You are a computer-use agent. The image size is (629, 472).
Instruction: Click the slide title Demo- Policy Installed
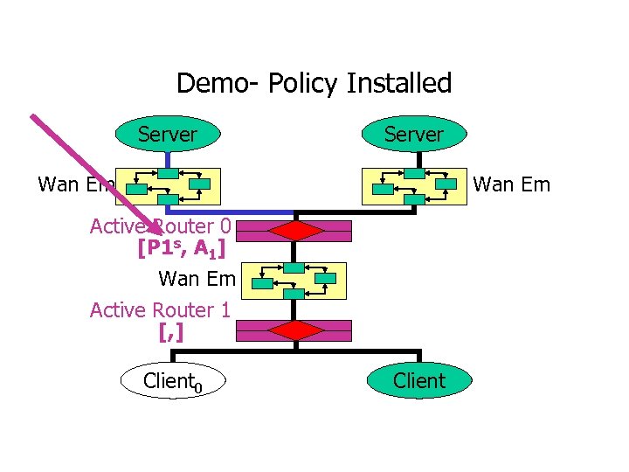[x=314, y=83]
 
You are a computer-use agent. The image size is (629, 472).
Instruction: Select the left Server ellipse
[x=167, y=135]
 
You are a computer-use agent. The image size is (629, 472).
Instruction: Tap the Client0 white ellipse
[x=172, y=381]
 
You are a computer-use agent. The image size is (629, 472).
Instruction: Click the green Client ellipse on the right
[x=419, y=381]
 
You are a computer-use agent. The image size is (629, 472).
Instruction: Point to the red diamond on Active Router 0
[x=295, y=230]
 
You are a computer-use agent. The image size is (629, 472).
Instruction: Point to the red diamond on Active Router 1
[x=295, y=330]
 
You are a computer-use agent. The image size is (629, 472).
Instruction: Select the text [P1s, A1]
[x=182, y=249]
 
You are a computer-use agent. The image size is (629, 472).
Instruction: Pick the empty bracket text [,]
[x=171, y=332]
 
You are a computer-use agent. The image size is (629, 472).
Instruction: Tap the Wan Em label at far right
[x=511, y=184]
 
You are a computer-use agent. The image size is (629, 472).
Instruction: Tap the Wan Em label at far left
[x=75, y=184]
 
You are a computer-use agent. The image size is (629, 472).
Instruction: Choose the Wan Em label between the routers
[x=197, y=280]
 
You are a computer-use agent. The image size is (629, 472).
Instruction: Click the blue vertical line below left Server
[x=167, y=160]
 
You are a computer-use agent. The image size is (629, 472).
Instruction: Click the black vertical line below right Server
[x=419, y=160]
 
